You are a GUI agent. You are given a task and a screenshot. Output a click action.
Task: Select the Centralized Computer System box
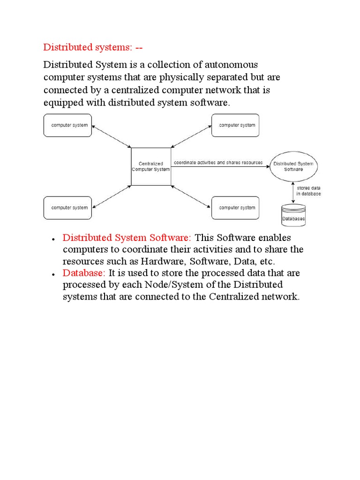pyautogui.click(x=150, y=166)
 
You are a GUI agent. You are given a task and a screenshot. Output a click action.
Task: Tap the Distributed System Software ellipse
pyautogui.click(x=293, y=166)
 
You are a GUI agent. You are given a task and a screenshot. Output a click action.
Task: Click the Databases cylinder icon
pyautogui.click(x=293, y=215)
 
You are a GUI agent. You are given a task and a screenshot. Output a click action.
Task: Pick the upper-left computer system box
pyautogui.click(x=68, y=125)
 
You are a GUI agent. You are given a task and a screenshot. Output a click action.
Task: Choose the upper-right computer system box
pyautogui.click(x=235, y=125)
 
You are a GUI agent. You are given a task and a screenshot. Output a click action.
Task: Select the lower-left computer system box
pyautogui.click(x=68, y=208)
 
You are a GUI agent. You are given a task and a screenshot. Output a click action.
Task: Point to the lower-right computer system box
pyautogui.click(x=235, y=208)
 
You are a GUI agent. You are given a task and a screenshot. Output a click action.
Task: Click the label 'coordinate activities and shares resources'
pyautogui.click(x=218, y=163)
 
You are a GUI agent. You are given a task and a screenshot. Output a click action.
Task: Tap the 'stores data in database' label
pyautogui.click(x=308, y=190)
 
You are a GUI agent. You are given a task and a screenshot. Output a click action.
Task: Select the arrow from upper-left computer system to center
pyautogui.click(x=112, y=136)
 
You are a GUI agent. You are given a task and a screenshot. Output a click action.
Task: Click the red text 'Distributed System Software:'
pyautogui.click(x=127, y=238)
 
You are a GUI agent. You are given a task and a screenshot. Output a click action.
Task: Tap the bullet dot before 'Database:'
pyautogui.click(x=54, y=274)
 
